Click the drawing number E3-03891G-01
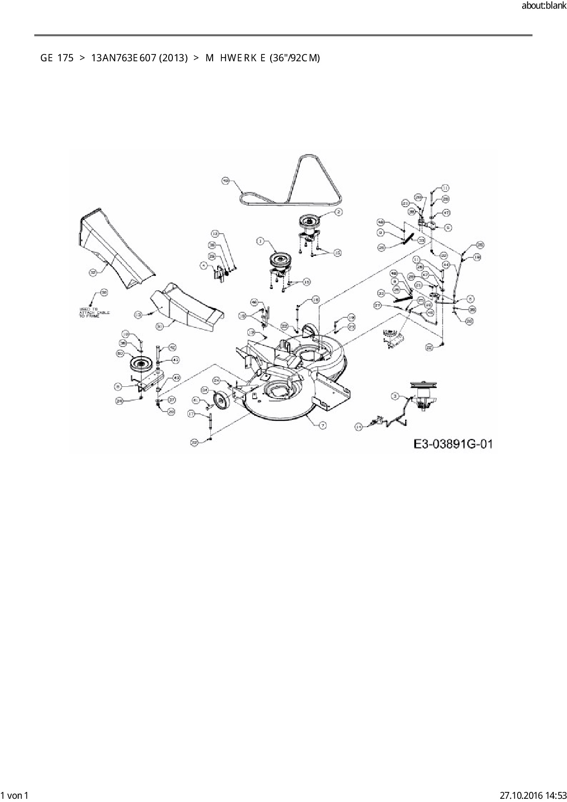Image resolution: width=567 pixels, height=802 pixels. [x=453, y=444]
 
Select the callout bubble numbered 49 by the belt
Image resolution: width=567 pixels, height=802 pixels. [x=225, y=181]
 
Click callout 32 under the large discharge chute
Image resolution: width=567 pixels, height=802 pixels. [x=93, y=273]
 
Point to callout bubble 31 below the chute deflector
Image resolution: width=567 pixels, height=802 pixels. [x=160, y=326]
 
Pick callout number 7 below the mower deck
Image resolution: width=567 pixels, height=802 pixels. [x=322, y=425]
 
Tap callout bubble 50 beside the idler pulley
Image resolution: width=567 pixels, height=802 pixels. [x=120, y=353]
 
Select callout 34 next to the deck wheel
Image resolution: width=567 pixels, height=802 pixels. [x=204, y=390]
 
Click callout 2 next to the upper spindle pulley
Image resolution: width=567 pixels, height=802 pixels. [x=338, y=211]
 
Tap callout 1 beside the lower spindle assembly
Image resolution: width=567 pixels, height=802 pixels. [x=260, y=241]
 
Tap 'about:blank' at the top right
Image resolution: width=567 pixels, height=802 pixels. [x=544, y=5]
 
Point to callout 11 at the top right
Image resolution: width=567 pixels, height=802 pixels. [x=445, y=187]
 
